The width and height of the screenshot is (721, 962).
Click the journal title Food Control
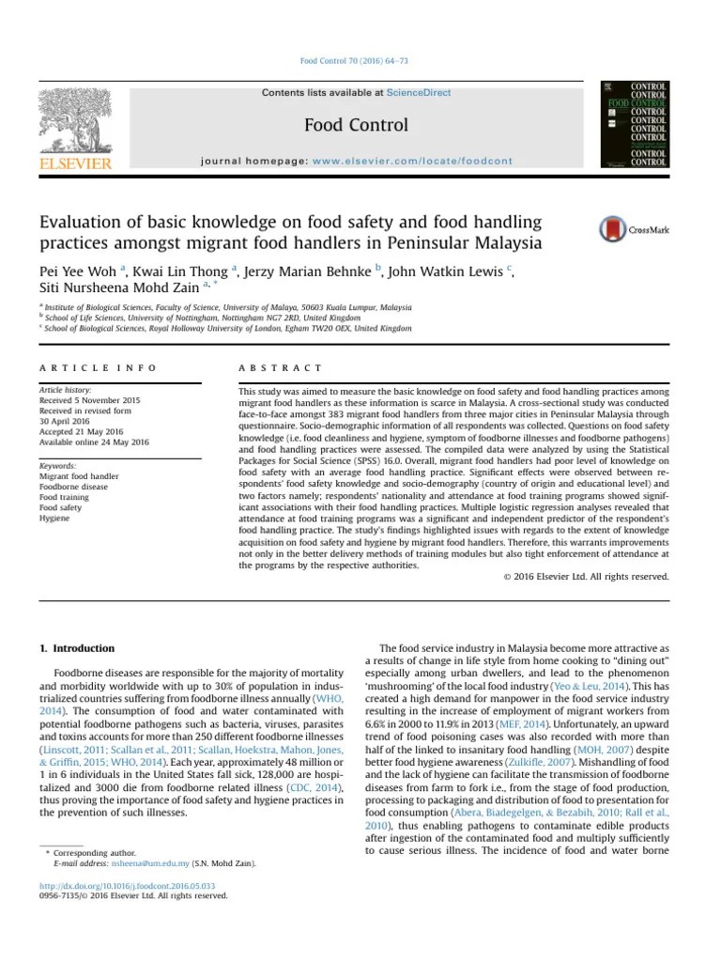pyautogui.click(x=356, y=125)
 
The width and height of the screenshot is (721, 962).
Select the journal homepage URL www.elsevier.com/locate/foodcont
pyautogui.click(x=412, y=161)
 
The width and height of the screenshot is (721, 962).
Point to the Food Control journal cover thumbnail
pyautogui.click(x=634, y=124)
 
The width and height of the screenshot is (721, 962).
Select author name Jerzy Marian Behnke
pyautogui.click(x=308, y=272)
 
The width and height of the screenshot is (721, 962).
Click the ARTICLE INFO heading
pyautogui.click(x=98, y=368)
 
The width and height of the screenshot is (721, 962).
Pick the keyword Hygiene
pyautogui.click(x=54, y=520)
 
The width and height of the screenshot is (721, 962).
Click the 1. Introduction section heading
pyautogui.click(x=77, y=648)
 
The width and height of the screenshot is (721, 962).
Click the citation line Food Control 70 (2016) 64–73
pyautogui.click(x=353, y=62)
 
